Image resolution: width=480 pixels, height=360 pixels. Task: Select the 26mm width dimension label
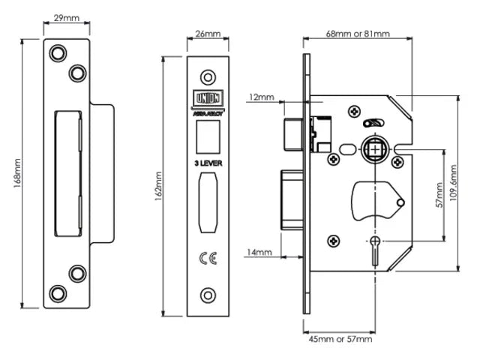(x=208, y=34)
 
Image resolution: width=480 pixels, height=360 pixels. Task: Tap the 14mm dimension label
(x=259, y=253)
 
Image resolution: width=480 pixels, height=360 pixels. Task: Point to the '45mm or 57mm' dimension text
(x=340, y=340)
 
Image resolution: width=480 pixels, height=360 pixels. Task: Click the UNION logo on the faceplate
(x=207, y=98)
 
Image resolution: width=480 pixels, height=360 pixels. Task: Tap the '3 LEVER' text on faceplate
(x=208, y=161)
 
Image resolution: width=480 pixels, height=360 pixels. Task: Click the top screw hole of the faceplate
(x=208, y=76)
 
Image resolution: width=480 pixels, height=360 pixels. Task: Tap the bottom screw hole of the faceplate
(x=208, y=293)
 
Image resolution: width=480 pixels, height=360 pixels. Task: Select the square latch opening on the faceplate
(x=208, y=135)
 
